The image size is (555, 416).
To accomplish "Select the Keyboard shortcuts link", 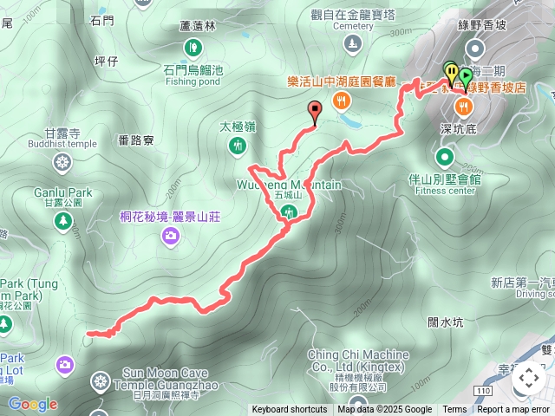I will click(x=290, y=410).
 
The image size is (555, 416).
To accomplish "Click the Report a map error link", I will click(x=513, y=410).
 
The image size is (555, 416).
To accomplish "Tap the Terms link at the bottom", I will click(x=454, y=410).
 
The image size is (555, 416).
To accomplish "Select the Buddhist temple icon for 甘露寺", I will click(x=62, y=161).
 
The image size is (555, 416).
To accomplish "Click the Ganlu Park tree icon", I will click(x=62, y=222).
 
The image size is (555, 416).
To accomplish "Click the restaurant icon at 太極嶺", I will click(x=238, y=146).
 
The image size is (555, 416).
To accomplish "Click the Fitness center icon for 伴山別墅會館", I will click(x=445, y=157).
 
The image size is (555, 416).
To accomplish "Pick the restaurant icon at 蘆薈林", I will click(x=197, y=45).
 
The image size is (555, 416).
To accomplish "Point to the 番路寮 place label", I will click(x=136, y=139).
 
